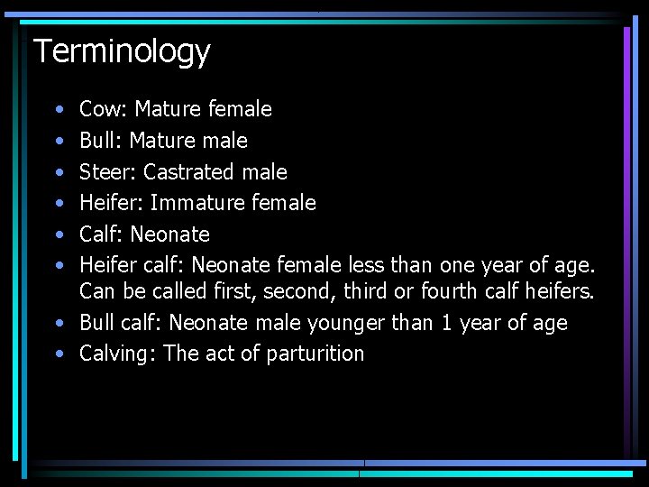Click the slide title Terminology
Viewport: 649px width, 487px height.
click(x=122, y=51)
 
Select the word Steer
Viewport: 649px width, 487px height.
click(x=106, y=172)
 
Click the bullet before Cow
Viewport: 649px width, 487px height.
click(x=59, y=110)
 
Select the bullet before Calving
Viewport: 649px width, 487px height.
click(x=59, y=354)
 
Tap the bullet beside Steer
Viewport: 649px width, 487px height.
click(x=59, y=172)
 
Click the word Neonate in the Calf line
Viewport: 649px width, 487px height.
click(x=169, y=234)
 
